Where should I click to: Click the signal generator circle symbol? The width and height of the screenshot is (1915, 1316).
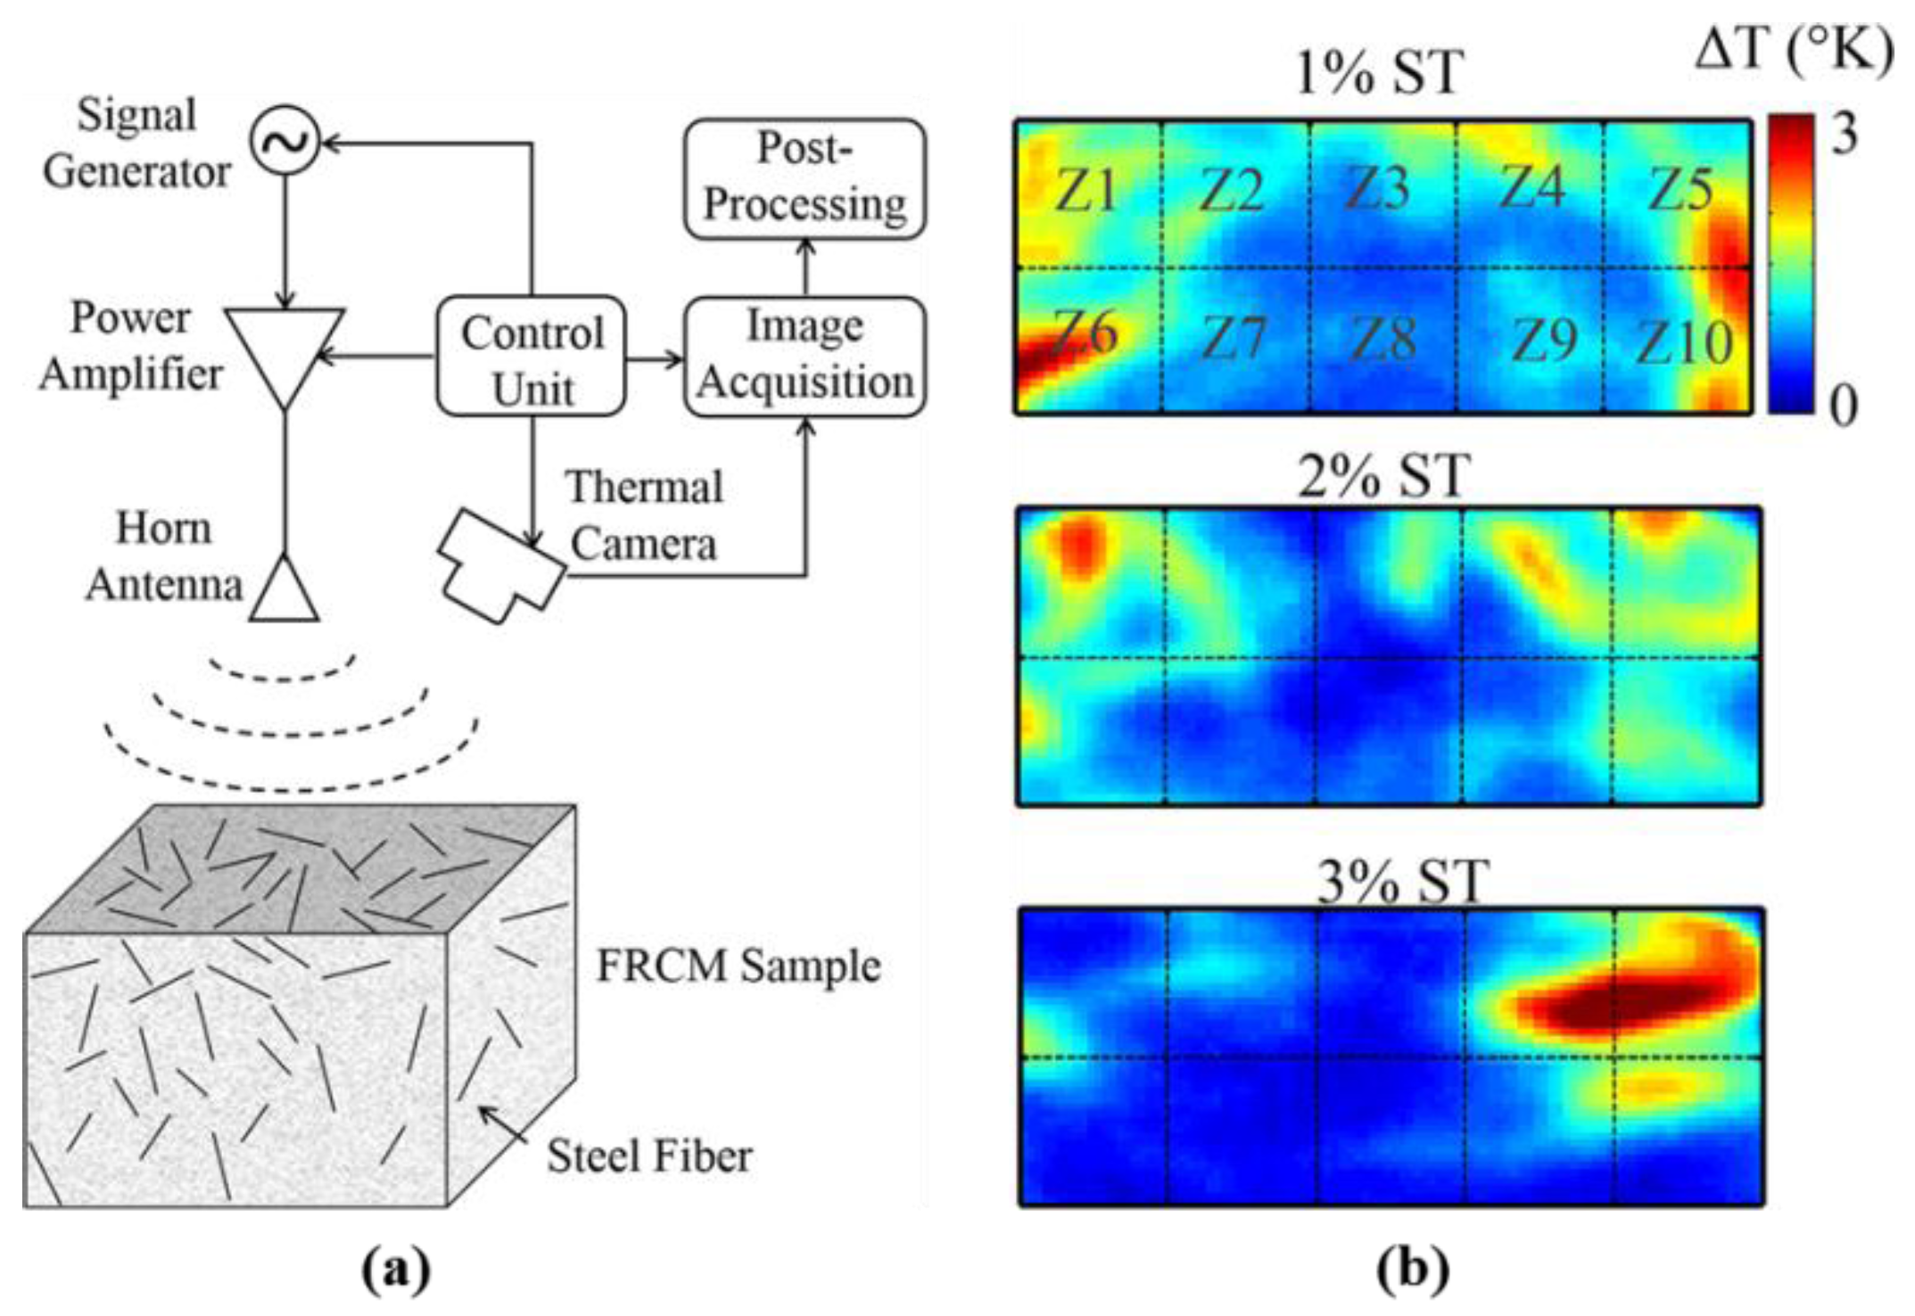[285, 140]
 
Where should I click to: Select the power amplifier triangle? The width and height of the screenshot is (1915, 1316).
[285, 348]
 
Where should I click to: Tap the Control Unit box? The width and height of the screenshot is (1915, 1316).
[532, 358]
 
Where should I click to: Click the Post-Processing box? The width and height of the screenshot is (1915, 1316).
[805, 178]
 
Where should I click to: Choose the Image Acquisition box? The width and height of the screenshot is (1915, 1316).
[805, 356]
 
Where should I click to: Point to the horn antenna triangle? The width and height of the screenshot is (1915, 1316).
[285, 592]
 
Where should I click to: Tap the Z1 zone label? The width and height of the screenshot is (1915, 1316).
[1086, 191]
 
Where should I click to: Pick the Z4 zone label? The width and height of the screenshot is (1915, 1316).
[1531, 187]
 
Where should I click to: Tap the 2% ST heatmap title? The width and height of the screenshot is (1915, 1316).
[1383, 477]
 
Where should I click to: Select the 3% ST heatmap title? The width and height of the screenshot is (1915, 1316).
[1402, 882]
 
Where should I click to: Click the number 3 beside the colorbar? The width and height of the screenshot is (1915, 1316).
[1845, 134]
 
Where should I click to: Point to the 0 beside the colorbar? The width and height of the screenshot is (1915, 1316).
[1844, 406]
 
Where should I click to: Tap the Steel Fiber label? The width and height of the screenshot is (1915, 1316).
[649, 1156]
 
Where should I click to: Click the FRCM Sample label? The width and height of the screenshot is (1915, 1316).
[739, 966]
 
